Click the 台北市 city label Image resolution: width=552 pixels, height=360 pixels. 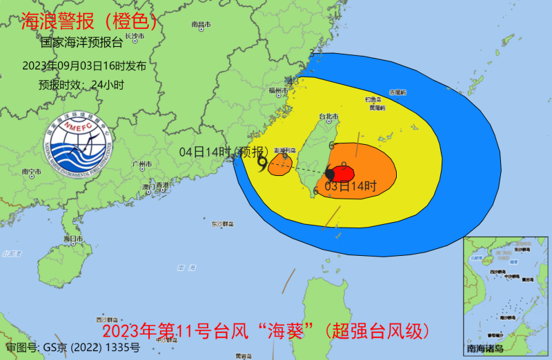(x=328, y=117)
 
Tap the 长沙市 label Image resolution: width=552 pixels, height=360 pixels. (x=136, y=36)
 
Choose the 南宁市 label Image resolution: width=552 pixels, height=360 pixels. (x=32, y=171)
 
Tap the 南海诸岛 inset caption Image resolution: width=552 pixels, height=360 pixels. (x=486, y=348)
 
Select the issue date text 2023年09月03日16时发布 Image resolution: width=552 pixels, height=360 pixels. (x=84, y=66)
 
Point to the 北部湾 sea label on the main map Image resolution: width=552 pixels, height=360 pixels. (x=12, y=254)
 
